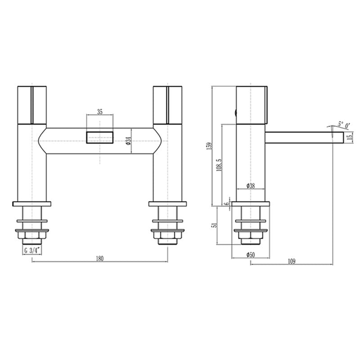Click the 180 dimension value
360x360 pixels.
100,258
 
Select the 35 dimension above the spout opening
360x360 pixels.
99,112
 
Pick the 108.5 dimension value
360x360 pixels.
220,165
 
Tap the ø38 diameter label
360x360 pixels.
252,186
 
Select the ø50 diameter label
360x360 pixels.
251,255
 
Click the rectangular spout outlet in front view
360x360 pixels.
99,136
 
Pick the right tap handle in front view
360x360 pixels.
167,104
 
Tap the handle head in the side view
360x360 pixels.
252,104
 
